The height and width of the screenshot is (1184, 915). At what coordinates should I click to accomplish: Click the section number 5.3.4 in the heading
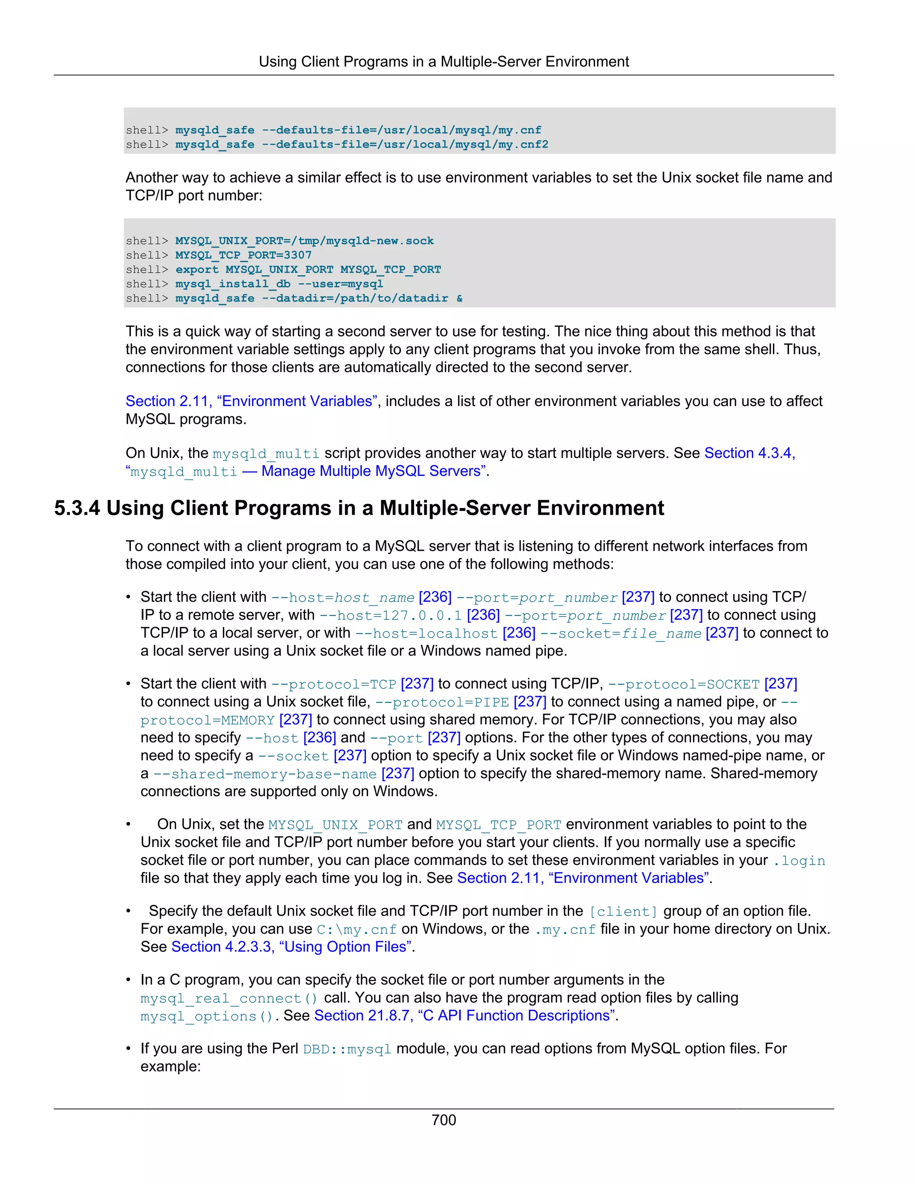pyautogui.click(x=77, y=508)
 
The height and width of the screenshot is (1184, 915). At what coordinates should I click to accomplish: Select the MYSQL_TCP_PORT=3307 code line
pyautogui.click(x=243, y=255)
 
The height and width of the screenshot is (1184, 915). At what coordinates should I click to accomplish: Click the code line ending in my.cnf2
pyautogui.click(x=361, y=144)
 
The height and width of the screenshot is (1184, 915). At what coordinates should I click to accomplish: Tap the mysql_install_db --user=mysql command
pyautogui.click(x=279, y=284)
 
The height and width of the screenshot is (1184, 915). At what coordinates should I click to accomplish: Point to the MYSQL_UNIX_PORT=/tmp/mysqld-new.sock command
pyautogui.click(x=304, y=241)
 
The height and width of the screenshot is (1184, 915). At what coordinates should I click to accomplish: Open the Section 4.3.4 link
pyautogui.click(x=749, y=453)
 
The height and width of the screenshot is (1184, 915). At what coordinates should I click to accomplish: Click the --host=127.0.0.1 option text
pyautogui.click(x=390, y=615)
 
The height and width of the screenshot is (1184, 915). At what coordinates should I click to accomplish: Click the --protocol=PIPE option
pyautogui.click(x=442, y=702)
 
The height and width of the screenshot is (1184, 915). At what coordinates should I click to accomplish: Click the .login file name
pyautogui.click(x=799, y=861)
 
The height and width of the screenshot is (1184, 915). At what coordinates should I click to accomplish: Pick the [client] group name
pyautogui.click(x=623, y=911)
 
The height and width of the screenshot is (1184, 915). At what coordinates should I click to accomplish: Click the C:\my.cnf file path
pyautogui.click(x=357, y=929)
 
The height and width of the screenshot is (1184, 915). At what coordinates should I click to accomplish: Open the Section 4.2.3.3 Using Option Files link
pyautogui.click(x=291, y=947)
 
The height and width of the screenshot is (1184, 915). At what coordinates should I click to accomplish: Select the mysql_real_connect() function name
pyautogui.click(x=229, y=998)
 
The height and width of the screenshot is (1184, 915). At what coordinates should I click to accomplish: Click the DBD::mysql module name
pyautogui.click(x=347, y=1049)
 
